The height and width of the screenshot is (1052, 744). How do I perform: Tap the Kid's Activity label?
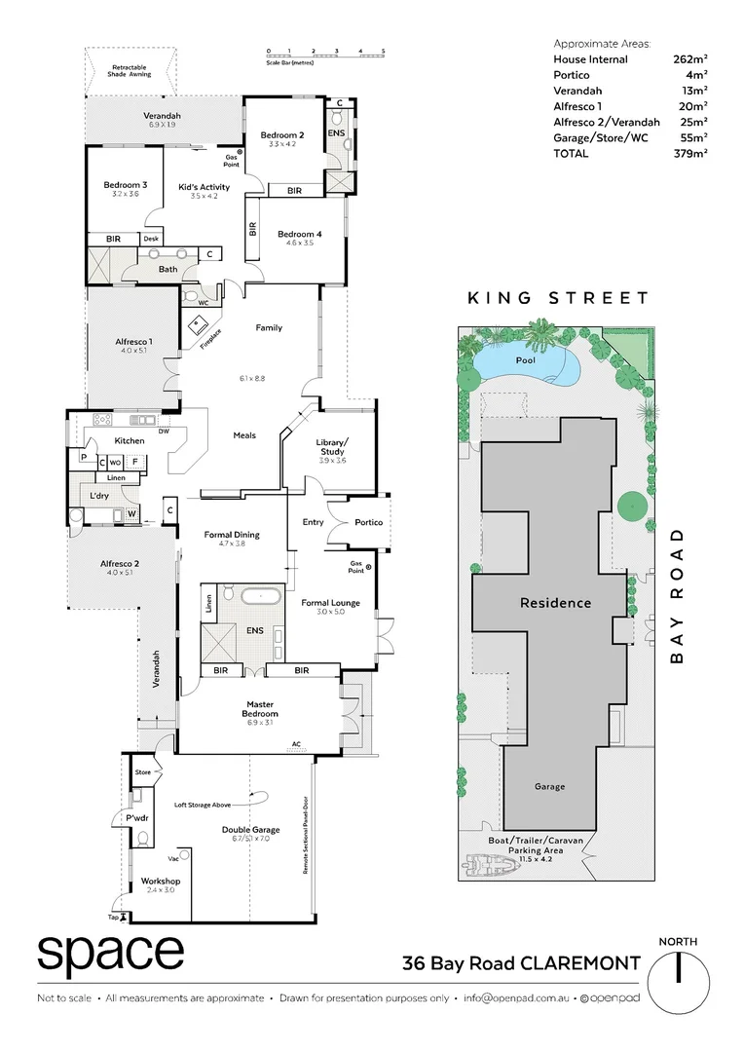point(204,187)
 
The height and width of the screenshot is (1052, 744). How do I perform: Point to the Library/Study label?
point(332,447)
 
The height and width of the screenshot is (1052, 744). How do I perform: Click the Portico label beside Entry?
point(368,523)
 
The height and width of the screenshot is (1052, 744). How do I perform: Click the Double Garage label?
point(250,830)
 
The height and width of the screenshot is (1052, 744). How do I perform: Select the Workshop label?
point(161,881)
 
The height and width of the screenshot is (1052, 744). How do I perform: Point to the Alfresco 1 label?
point(132,342)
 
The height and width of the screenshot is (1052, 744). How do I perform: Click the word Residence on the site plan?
point(554,603)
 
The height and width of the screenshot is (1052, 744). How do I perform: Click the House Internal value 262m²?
point(689,59)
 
